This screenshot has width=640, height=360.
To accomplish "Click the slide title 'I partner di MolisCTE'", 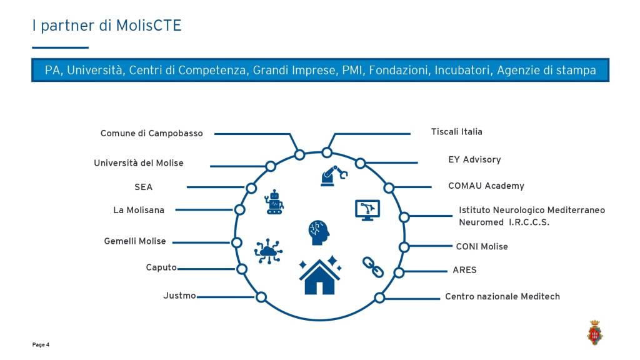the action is pos(106,26).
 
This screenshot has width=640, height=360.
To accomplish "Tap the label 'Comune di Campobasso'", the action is pos(151,134).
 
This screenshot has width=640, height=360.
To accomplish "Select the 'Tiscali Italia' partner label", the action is pos(457,132).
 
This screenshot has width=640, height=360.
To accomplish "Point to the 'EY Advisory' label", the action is pos(474,159).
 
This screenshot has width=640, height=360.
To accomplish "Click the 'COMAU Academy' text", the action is pos(486,186).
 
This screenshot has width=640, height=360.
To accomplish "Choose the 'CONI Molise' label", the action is pos(482,246).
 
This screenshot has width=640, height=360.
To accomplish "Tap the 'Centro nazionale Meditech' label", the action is pos(502,296).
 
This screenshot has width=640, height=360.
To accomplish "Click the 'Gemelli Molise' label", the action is pos(135,241).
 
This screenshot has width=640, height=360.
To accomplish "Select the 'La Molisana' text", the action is pos(139,210).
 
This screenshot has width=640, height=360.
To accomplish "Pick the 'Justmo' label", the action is pos(179,296).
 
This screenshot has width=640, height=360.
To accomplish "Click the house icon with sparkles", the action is pos(320,275).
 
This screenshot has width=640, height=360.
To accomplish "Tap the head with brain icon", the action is pos(318,232).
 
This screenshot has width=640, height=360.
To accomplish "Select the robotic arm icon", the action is pos(334,176).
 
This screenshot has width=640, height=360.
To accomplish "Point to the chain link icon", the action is pos(373,267).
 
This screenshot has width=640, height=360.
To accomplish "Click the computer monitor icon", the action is pos(367,210).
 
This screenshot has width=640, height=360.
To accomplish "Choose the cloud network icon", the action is pos(268,251).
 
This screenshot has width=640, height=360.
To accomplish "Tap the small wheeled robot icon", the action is pos(274,202).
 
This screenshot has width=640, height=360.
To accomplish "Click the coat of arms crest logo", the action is pos(595,332).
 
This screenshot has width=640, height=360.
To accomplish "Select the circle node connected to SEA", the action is pos(251,188).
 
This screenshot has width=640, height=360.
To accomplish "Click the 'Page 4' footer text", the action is pos(41,345).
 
